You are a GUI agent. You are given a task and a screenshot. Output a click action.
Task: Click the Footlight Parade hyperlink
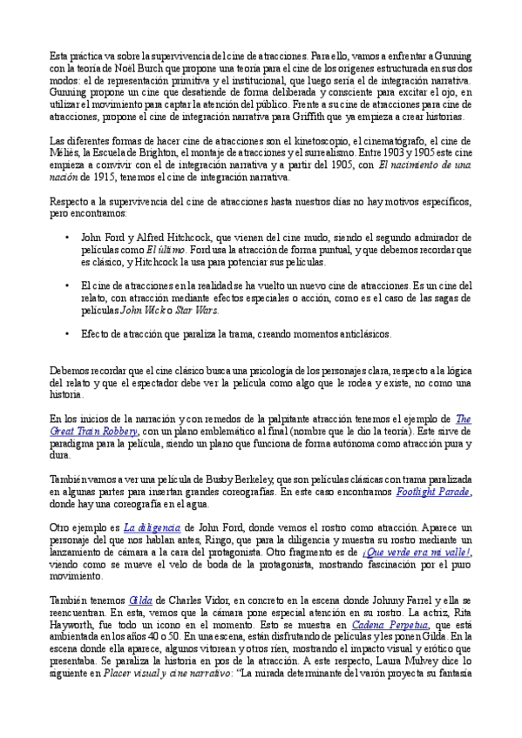pyautogui.click(x=434, y=492)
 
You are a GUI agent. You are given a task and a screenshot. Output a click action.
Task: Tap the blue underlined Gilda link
pyautogui.click(x=139, y=600)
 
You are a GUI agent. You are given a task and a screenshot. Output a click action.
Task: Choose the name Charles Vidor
pyautogui.click(x=188, y=600)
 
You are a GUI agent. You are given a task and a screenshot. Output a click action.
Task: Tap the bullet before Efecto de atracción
pyautogui.click(x=67, y=333)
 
